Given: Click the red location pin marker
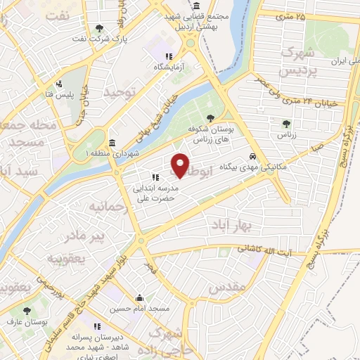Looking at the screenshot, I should pos(180,165).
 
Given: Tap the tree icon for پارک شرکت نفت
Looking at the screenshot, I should pos(99,29).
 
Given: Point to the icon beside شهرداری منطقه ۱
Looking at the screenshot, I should pos(112,141).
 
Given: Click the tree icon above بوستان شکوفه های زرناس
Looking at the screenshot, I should pos(211,117).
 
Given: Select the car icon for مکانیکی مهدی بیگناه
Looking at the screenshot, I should pos(252,157).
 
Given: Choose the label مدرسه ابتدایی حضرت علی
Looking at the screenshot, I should pos(155,189).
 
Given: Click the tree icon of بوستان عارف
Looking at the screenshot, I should pos(27,310).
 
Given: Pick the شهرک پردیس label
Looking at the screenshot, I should pos(294,60).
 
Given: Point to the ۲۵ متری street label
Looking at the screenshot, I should pos(291,15).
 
